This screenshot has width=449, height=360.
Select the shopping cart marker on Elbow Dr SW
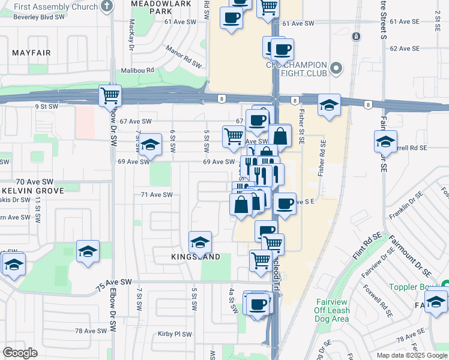[x=110, y=95]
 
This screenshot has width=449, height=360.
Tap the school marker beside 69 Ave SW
[x=151, y=145]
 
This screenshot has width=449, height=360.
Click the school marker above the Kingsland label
[x=200, y=242]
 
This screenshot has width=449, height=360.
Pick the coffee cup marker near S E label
[x=285, y=203]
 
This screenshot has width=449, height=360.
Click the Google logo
[x=20, y=353]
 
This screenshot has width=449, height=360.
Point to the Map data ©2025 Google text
[x=412, y=355]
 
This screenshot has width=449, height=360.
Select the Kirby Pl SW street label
[x=175, y=334]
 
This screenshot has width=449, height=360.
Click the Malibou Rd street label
[x=137, y=70]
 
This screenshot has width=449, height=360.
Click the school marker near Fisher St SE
[x=329, y=106]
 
